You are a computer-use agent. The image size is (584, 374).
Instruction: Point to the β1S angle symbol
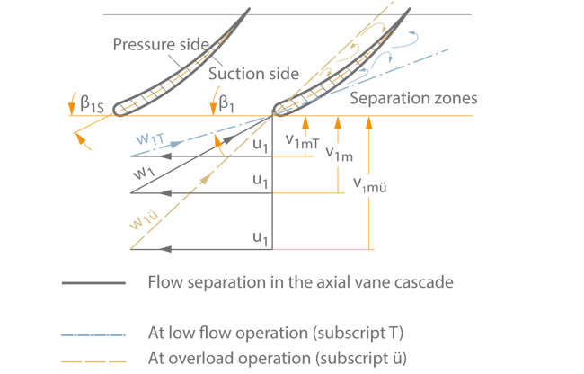tap(95, 106)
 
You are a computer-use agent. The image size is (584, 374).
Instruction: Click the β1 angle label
tap(230, 105)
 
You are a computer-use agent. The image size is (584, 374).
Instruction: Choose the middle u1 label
tap(261, 182)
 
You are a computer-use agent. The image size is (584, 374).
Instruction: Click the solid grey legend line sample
tap(93, 282)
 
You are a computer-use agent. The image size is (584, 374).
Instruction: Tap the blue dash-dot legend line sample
tap(93, 333)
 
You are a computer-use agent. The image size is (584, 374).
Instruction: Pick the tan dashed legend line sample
tap(93, 358)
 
